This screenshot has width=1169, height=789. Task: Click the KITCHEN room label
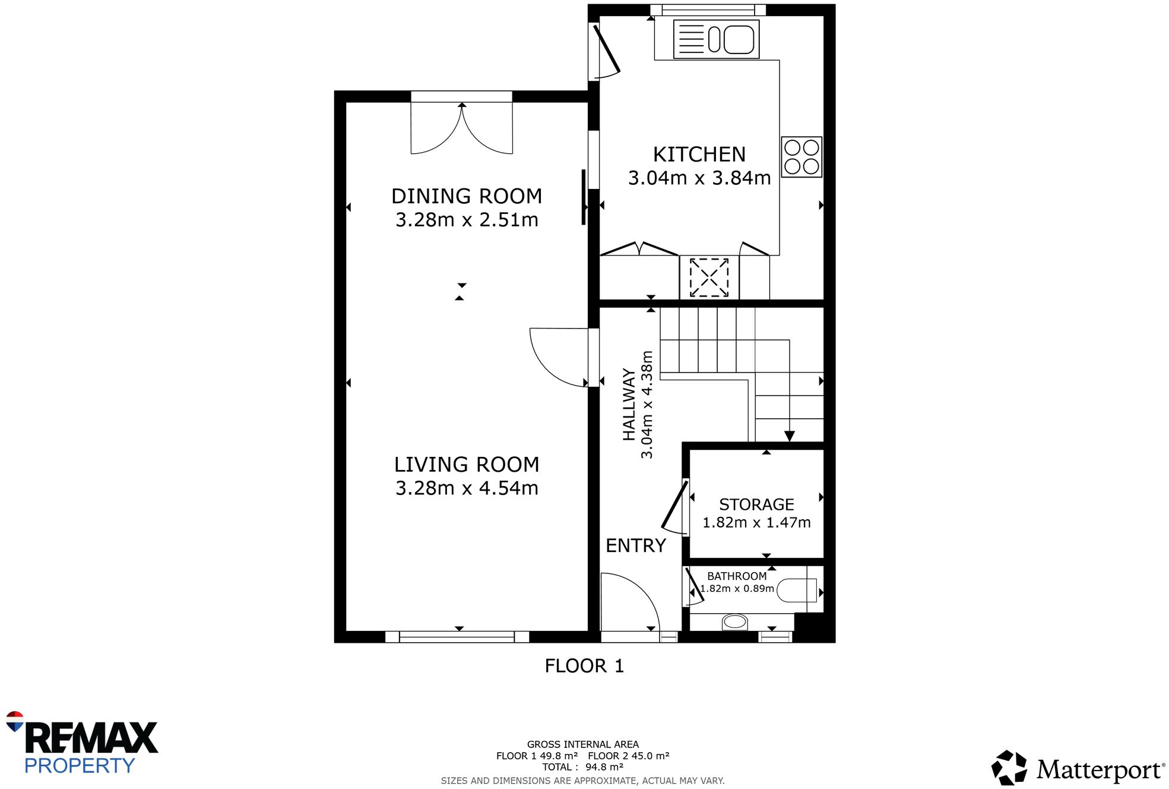699,154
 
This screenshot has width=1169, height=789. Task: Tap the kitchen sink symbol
716,39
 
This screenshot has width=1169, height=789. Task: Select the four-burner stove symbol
801,157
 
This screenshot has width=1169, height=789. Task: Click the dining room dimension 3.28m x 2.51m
467,220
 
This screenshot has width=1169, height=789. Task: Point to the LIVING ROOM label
467,464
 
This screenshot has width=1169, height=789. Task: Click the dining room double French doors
461,128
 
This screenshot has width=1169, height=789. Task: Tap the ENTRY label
635,545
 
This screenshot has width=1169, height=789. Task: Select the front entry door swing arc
631,600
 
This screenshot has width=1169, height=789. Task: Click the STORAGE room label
756,504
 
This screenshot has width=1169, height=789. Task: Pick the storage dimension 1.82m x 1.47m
756,522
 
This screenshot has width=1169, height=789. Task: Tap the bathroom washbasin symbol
734,621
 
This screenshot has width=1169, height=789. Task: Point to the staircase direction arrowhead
789,436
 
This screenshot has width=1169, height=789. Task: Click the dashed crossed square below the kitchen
709,277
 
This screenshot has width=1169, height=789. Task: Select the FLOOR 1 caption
584,666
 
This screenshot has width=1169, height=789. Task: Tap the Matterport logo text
1099,770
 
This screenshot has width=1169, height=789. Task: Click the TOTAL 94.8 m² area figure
582,767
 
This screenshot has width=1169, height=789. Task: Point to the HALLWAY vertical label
629,404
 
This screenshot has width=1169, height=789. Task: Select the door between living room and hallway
559,356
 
